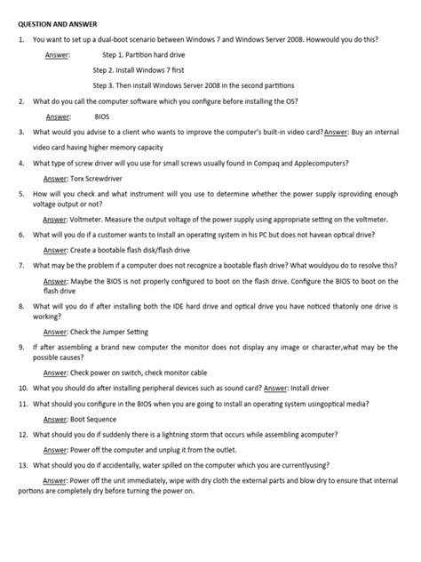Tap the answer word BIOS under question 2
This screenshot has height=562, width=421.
(103, 116)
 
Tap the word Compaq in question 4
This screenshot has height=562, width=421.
(276, 164)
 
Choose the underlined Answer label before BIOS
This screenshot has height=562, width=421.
(58, 116)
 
